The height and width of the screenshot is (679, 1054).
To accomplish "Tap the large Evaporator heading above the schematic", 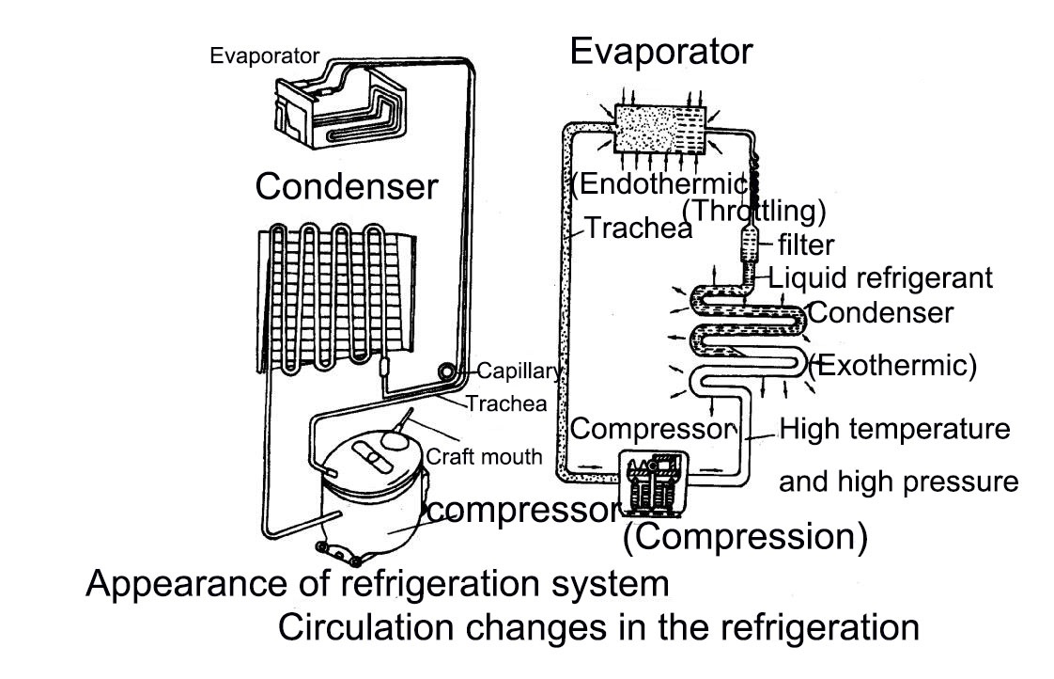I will click(x=661, y=52).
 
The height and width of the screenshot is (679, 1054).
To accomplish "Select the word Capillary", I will click(x=519, y=370).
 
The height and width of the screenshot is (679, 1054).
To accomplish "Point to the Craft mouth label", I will click(x=485, y=457).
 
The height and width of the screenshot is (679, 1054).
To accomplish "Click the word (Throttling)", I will click(x=754, y=210).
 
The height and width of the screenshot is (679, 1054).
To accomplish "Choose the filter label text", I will click(x=806, y=245).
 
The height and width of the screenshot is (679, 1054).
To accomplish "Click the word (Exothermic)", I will click(x=893, y=365).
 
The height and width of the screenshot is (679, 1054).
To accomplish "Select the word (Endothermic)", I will click(x=658, y=182).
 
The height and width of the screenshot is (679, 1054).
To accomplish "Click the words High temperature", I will click(x=895, y=430).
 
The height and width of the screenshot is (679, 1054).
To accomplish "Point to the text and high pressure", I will click(x=899, y=482).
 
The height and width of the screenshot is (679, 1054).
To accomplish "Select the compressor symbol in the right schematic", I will click(x=653, y=481).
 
